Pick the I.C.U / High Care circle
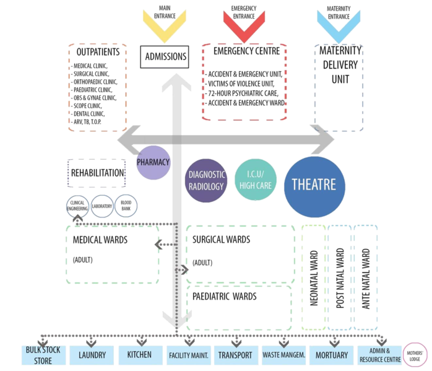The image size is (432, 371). coord(255,181)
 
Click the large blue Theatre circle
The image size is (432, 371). coord(314,185)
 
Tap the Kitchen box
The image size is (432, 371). coord(140,356)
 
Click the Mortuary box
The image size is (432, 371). coord(332,356)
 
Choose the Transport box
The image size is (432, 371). coord(235,356)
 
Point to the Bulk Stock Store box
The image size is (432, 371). coord(43,356)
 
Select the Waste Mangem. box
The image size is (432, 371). coord(283,356)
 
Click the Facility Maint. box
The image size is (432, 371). coord(188,356)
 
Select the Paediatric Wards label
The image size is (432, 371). coord(225,297)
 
